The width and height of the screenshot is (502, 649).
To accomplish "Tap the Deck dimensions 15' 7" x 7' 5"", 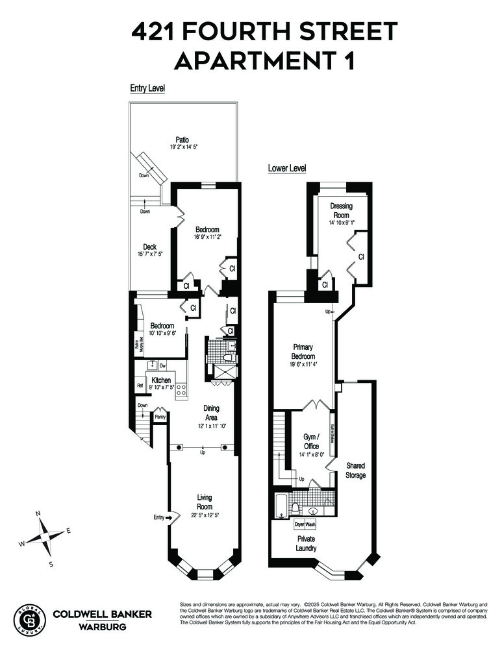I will coord(150,254).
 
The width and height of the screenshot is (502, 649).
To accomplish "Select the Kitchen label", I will coord(161,380).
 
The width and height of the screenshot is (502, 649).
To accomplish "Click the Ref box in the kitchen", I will coord(140,386).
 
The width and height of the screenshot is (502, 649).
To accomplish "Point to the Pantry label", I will coord(159,417).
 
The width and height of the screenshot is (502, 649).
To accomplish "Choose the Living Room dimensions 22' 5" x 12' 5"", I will coord(205,515).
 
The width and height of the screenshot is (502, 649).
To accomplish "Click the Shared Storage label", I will coord(355,471).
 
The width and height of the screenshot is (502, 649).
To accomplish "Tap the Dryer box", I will coord(299,524).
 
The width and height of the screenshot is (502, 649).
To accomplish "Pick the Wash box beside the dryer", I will coord(311,524).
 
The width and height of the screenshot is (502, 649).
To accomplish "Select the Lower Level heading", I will coord(287,169).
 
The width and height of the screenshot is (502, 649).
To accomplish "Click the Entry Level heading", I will coord(147,88).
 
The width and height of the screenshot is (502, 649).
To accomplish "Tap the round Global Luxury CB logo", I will coord(30,618).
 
